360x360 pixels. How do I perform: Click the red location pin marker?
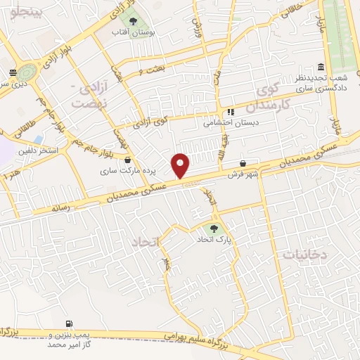(x=181, y=166)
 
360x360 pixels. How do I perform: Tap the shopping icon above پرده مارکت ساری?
(x=127, y=160)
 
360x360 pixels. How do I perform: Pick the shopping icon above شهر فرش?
(x=243, y=162)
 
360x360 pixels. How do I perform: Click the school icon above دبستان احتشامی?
(x=230, y=111)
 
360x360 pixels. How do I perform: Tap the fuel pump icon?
(x=68, y=323)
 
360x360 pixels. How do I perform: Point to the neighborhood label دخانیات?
(x=300, y=255)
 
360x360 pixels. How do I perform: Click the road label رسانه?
(x=61, y=208)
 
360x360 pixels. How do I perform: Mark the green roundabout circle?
(x=28, y=72)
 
